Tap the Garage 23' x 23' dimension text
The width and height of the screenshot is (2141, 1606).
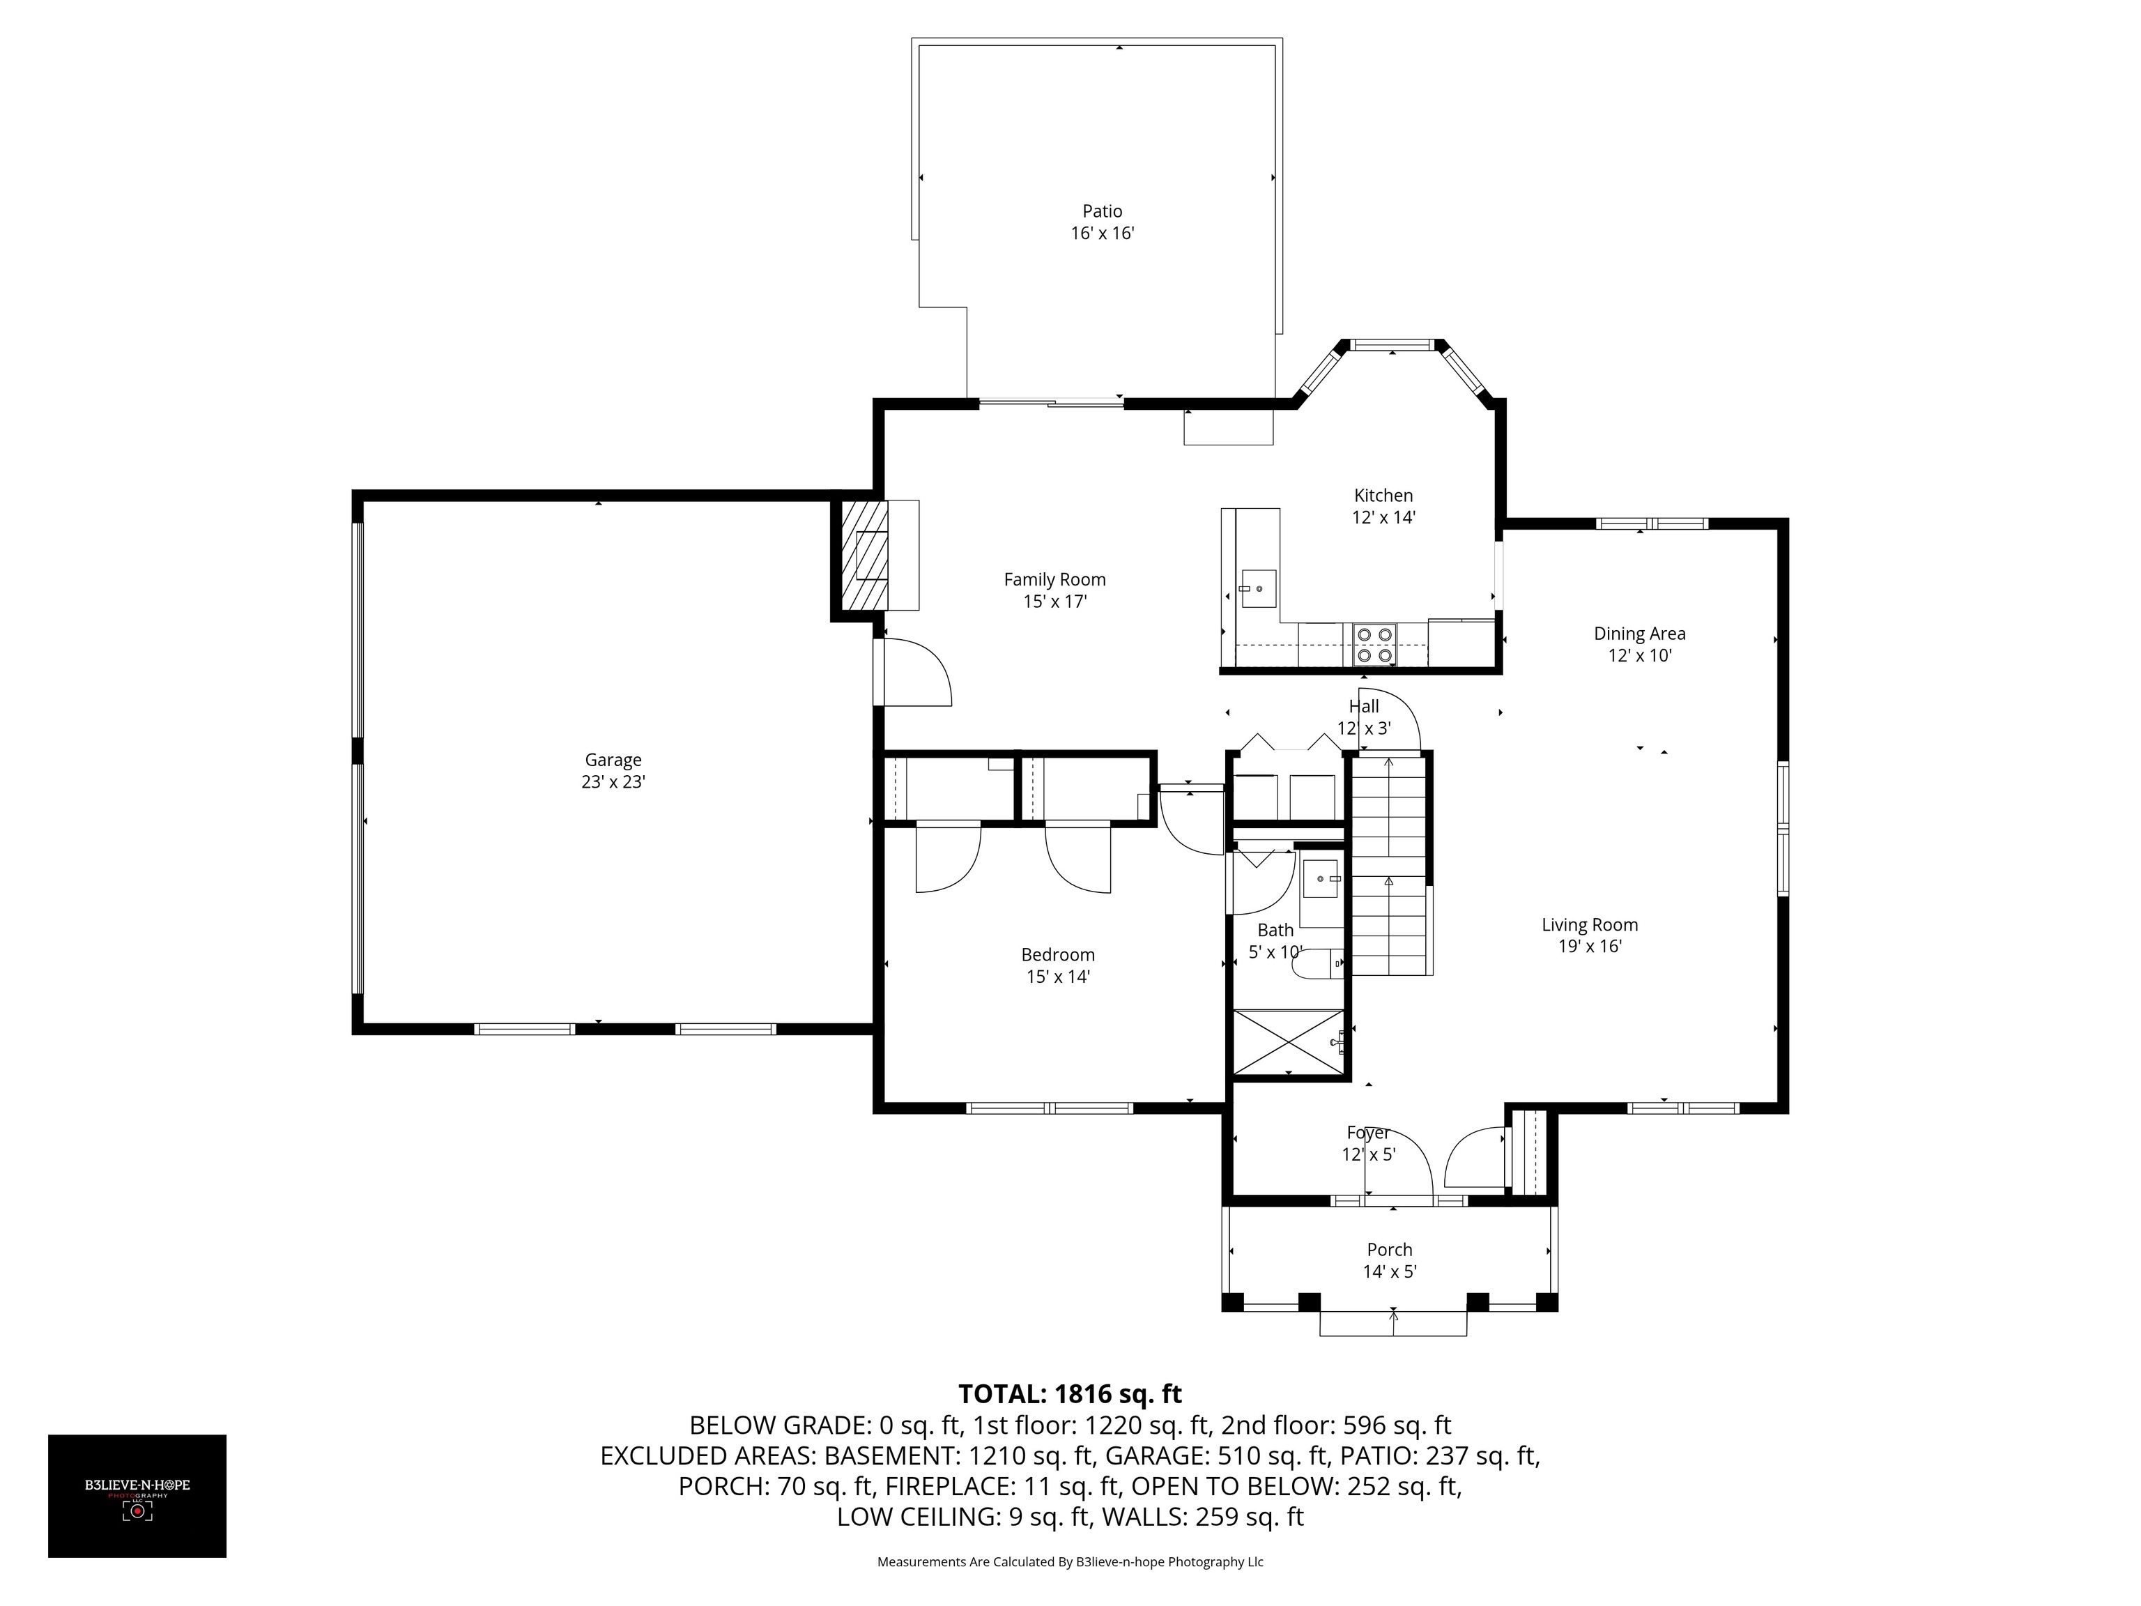(613, 782)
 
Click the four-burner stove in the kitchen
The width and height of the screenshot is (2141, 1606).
(1374, 645)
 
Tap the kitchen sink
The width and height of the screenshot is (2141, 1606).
(1258, 588)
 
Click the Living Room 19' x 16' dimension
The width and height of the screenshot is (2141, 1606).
(1589, 947)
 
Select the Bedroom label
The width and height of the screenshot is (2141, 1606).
(1058, 954)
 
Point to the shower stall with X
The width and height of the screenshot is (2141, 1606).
(1288, 1041)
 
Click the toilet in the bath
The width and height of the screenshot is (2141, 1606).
(1319, 964)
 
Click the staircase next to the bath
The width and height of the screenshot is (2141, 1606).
(1390, 864)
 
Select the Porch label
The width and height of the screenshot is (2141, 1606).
(1389, 1250)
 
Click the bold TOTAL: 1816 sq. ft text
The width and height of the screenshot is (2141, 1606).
(1070, 1394)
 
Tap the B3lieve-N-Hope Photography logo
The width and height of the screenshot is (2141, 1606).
(137, 1496)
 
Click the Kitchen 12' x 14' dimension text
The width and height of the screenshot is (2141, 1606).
(1383, 518)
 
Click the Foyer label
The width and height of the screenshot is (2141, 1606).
(1367, 1133)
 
